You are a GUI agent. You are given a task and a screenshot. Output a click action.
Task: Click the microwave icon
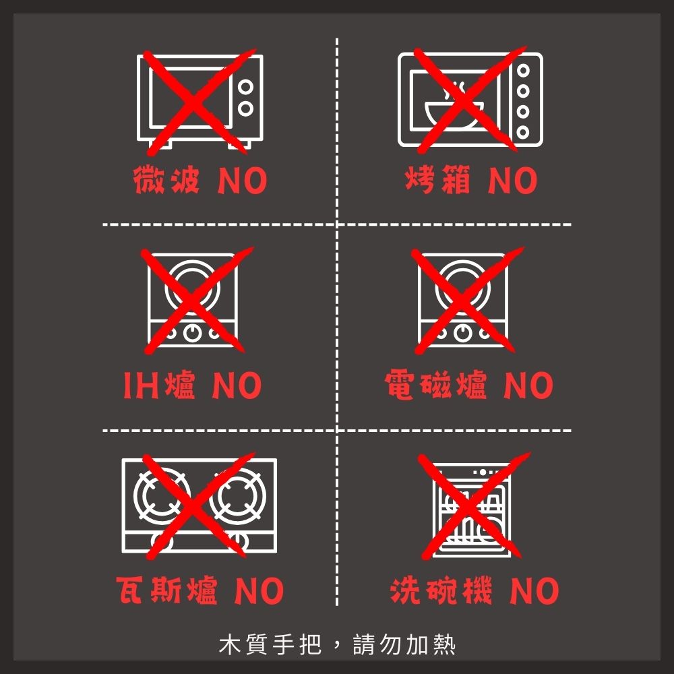[200, 102]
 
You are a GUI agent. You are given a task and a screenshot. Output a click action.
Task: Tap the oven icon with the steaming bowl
[470, 100]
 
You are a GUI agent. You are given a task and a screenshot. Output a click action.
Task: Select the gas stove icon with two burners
[200, 506]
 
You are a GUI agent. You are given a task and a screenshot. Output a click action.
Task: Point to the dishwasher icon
[472, 510]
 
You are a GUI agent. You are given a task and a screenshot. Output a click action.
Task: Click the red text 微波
[166, 180]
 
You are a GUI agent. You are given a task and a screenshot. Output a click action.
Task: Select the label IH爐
[160, 385]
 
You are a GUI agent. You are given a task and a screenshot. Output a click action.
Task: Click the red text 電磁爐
[436, 385]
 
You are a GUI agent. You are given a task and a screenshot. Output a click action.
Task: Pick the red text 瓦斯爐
[166, 590]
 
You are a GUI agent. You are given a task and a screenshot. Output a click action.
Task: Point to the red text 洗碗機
[441, 590]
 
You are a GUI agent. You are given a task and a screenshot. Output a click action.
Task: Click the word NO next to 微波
[243, 181]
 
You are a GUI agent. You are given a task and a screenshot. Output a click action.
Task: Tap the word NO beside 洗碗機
[534, 590]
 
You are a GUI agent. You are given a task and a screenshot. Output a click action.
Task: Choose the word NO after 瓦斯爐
[259, 590]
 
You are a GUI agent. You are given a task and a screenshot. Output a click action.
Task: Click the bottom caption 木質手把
[270, 644]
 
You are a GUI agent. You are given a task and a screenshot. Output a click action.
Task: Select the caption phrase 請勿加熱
[404, 644]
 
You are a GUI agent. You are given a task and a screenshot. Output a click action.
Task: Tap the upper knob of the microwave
[245, 87]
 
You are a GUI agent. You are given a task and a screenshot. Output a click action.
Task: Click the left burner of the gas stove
[162, 496]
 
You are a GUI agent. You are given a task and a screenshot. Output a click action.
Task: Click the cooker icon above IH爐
[192, 300]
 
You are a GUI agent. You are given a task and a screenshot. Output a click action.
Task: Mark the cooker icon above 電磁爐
[462, 300]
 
